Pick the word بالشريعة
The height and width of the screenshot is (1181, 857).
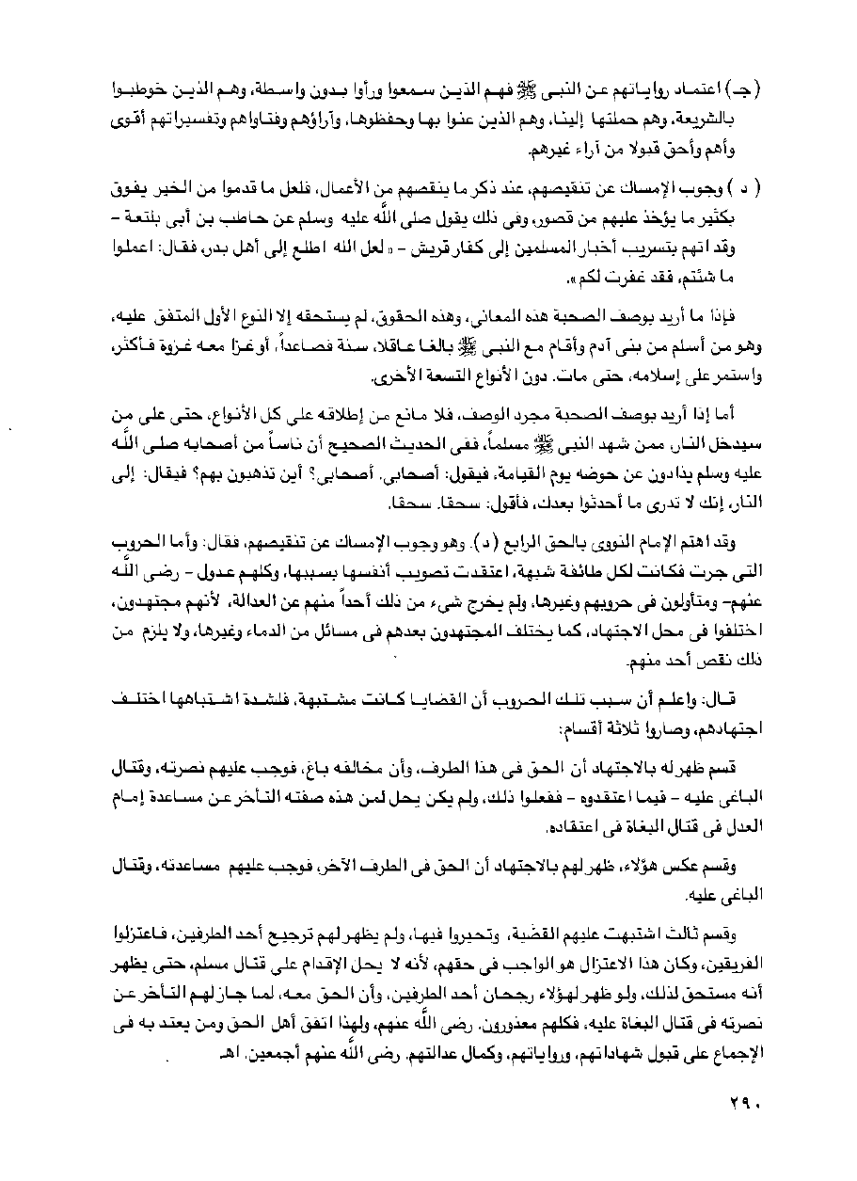[x=731, y=121]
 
